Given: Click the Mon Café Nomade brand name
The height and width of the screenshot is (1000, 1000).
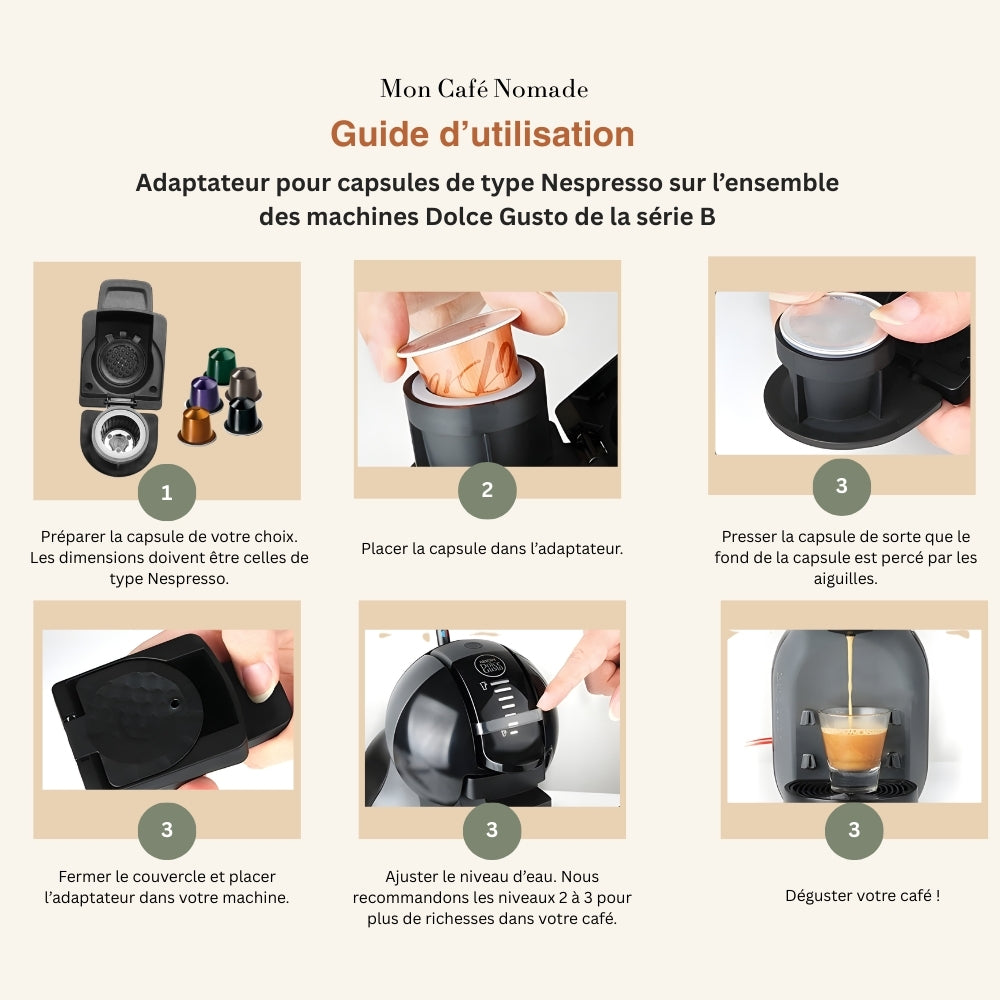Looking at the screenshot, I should point(484,89).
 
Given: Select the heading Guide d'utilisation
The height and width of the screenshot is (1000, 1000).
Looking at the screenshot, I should point(482,134).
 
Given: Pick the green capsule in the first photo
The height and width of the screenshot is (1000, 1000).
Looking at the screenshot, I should point(220,364).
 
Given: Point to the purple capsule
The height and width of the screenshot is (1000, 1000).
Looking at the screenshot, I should point(205,394).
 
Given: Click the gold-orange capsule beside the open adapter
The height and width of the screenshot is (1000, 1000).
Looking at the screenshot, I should point(196,426).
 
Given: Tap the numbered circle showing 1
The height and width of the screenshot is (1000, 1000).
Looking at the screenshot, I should point(166,492).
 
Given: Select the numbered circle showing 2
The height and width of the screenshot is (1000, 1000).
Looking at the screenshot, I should point(487,490).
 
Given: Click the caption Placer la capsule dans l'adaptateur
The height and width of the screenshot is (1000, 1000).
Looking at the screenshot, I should point(491,548).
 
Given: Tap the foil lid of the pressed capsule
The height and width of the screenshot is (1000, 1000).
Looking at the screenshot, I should point(831,324).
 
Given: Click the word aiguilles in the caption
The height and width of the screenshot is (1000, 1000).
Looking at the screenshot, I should point(845,579).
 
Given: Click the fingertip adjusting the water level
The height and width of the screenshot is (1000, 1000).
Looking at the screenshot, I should point(562,690).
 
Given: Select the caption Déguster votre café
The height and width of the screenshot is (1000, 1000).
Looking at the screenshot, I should point(862,895).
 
